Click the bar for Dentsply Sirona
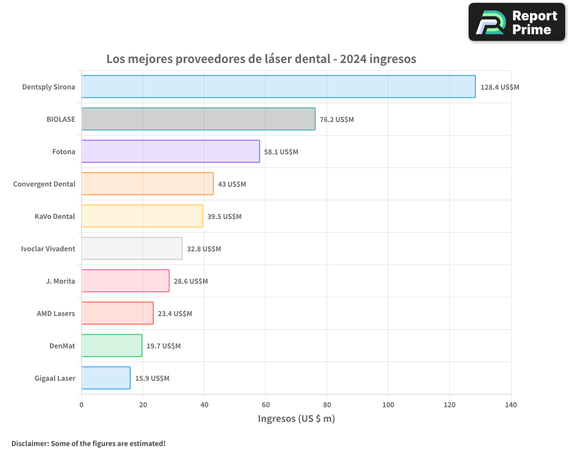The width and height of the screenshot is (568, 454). (x=278, y=87)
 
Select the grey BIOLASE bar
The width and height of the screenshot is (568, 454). (x=198, y=119)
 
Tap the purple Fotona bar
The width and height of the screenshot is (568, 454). (x=170, y=152)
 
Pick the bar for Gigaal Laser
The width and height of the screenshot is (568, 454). (x=106, y=378)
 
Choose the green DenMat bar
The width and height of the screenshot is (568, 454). (x=111, y=346)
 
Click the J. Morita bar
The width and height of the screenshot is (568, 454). (x=125, y=281)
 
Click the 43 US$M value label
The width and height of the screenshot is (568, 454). (x=232, y=184)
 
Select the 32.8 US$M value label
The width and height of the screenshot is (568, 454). (x=204, y=249)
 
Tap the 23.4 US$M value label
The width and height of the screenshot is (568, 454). (x=175, y=314)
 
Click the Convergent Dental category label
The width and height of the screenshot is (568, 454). (x=44, y=184)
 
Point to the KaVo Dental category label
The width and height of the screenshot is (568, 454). (x=55, y=216)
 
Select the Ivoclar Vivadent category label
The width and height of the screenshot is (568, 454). (x=48, y=249)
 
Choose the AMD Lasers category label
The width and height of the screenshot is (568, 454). (x=56, y=313)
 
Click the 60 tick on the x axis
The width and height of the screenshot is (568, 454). (x=265, y=405)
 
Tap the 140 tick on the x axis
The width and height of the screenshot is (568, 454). (x=511, y=405)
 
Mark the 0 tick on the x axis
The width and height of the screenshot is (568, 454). (x=82, y=405)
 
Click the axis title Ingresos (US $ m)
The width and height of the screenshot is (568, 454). (x=296, y=419)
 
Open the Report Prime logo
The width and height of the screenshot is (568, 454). (x=516, y=22)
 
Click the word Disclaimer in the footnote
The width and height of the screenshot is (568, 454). (x=29, y=443)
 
